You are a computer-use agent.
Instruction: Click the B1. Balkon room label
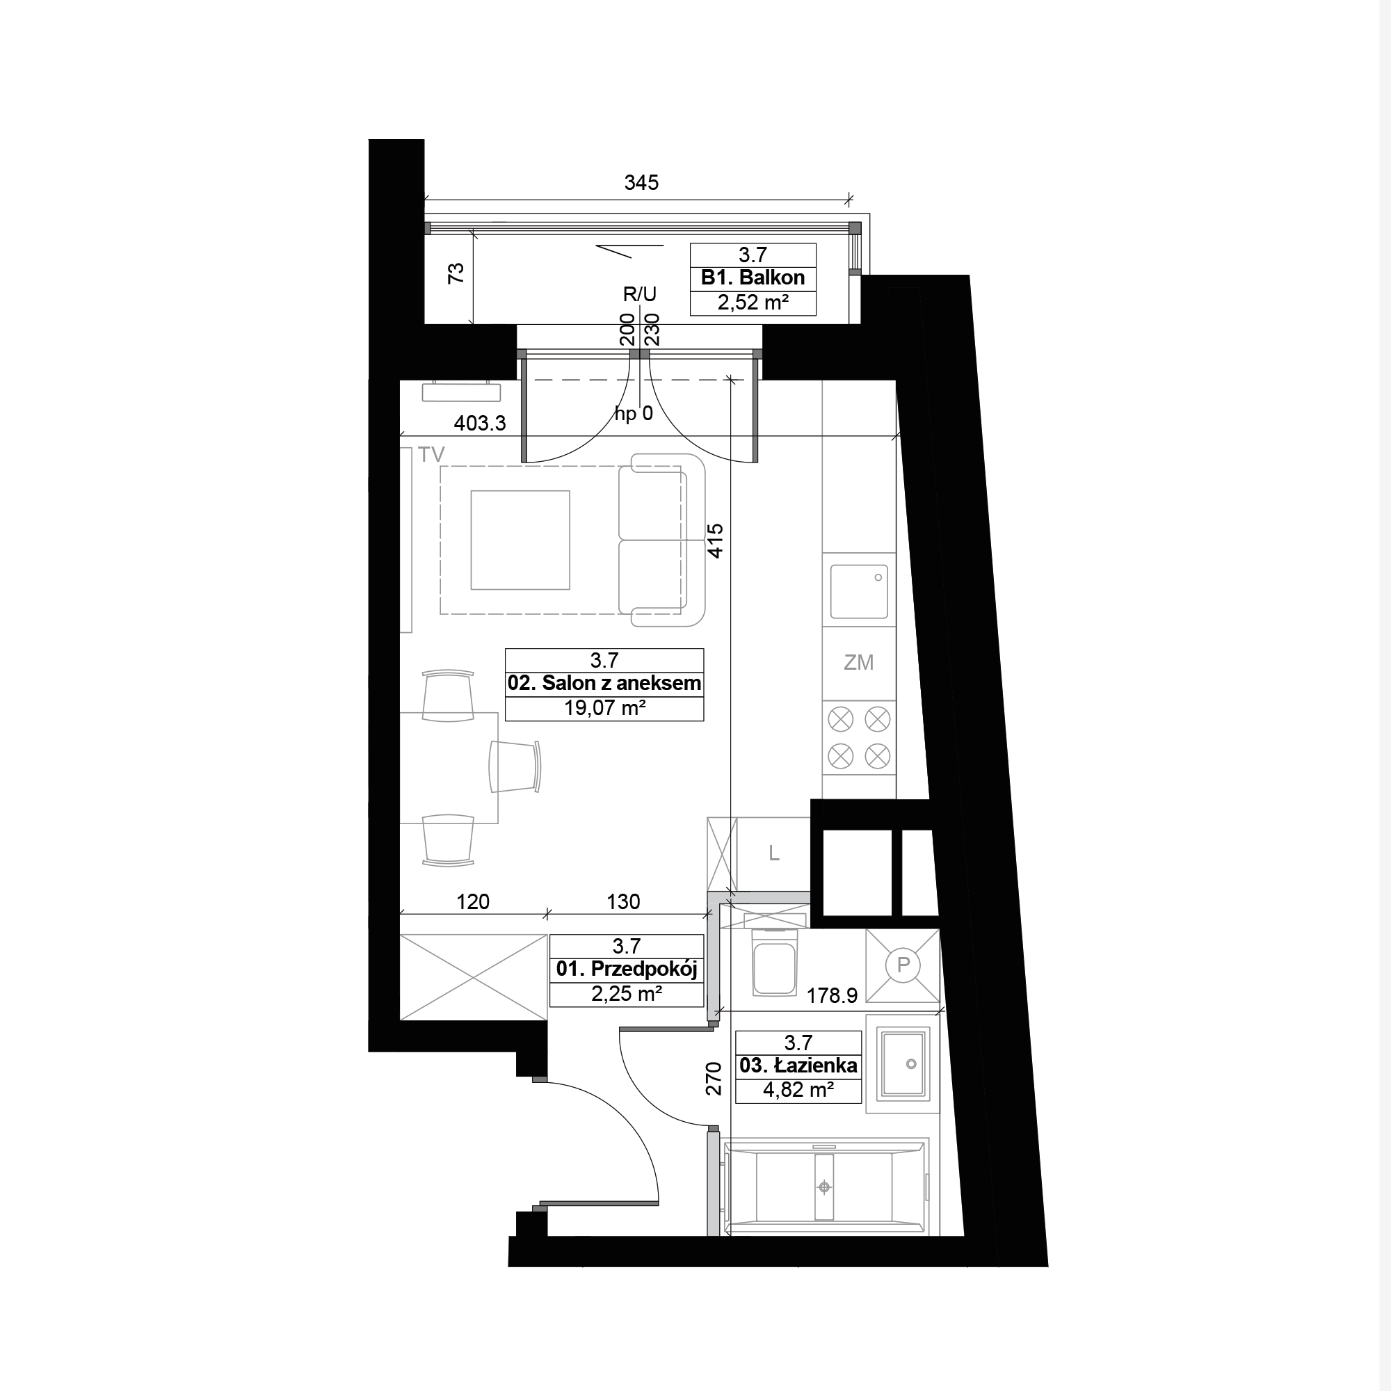[x=753, y=278]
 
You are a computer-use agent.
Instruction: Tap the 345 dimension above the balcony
[x=641, y=183]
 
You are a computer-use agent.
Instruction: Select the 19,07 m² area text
[x=604, y=708]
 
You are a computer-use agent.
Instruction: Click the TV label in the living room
[x=431, y=454]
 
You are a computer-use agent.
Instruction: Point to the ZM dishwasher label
[x=858, y=662]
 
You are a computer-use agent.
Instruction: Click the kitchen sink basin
[x=859, y=591]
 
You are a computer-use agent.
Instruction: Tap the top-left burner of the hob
[x=840, y=718]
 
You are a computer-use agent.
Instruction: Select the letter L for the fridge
[x=774, y=853]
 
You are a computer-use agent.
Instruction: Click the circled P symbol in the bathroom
[x=903, y=964]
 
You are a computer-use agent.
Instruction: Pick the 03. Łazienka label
[x=798, y=1066]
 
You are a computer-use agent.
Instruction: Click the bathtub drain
[x=824, y=1187]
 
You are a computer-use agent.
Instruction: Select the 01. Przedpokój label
[x=627, y=969]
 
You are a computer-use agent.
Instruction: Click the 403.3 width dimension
[x=479, y=424]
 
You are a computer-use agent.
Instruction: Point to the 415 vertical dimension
[x=715, y=540]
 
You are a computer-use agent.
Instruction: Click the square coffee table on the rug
[x=520, y=540]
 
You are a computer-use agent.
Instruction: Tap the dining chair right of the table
[x=515, y=766]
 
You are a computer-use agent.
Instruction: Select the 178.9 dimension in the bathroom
[x=832, y=996]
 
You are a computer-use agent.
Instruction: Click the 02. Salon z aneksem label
[x=604, y=683]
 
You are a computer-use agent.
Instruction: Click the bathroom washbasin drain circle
[x=911, y=1064]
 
